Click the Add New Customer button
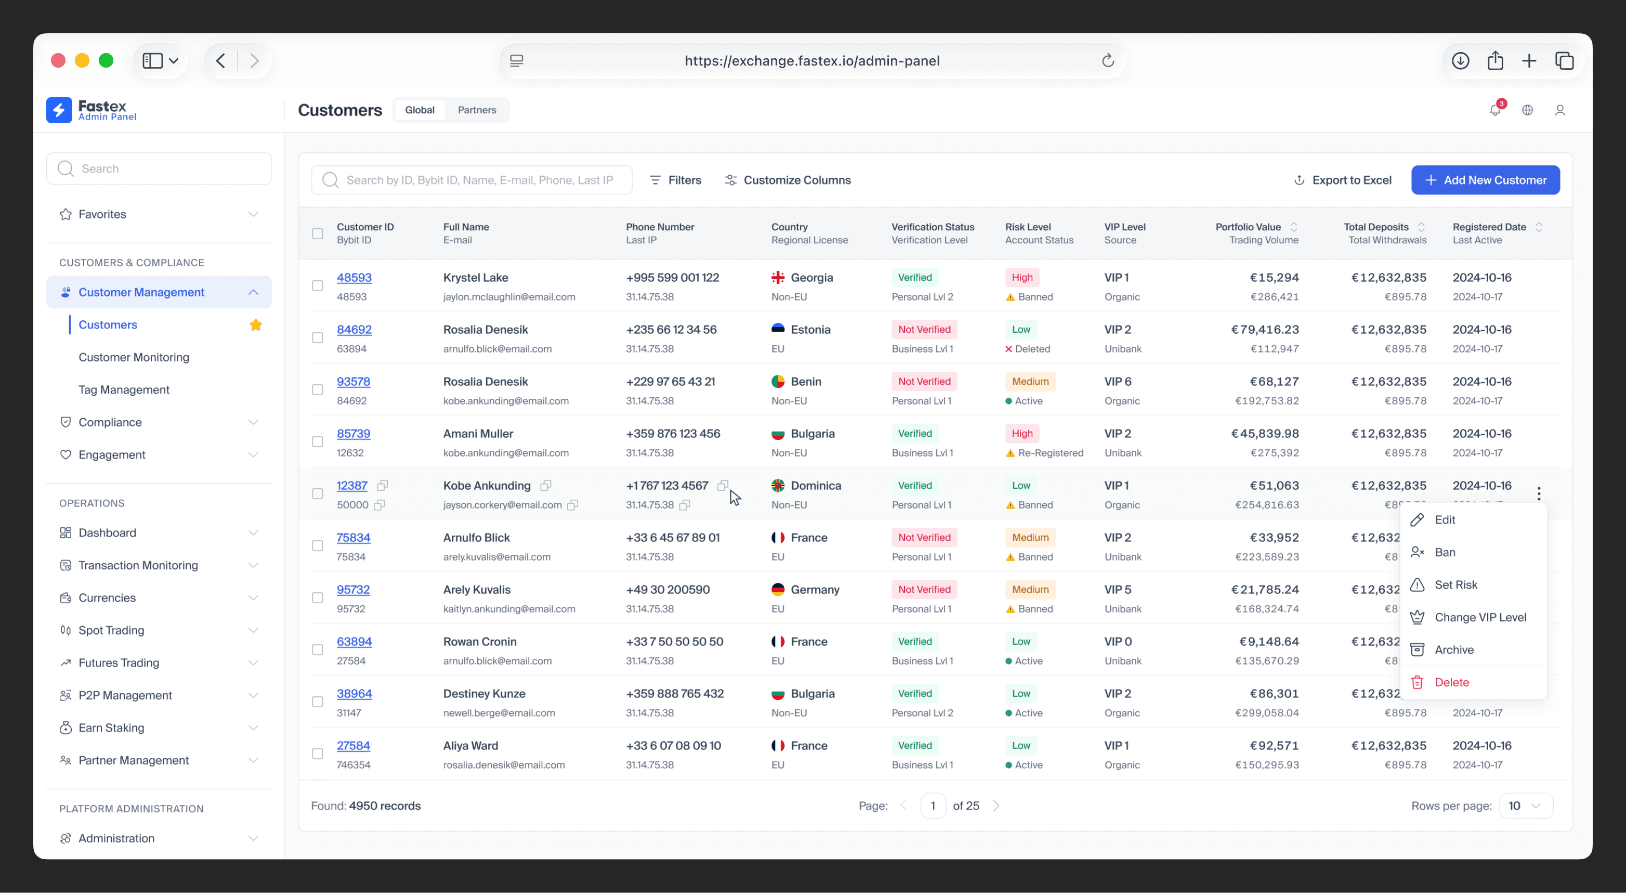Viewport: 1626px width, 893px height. coord(1485,180)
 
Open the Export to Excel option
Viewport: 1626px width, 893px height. coord(1342,180)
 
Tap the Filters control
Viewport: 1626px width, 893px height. coord(675,180)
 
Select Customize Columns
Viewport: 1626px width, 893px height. coord(787,180)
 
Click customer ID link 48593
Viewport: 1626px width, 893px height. coord(354,277)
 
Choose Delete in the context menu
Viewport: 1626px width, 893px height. coord(1451,682)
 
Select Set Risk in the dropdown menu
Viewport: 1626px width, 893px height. coord(1455,585)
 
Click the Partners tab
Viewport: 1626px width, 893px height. coord(477,110)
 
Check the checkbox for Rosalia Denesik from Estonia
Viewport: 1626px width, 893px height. coord(318,338)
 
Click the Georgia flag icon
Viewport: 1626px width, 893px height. coord(778,277)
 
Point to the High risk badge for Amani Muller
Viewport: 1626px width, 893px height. coord(1022,433)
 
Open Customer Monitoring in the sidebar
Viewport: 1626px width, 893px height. coord(134,357)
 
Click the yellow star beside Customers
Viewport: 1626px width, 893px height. coord(256,325)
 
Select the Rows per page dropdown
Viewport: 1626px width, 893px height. coord(1526,806)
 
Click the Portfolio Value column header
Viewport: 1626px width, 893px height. coord(1248,227)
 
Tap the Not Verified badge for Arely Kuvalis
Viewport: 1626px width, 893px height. coord(924,589)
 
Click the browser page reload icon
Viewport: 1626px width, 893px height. coord(1108,61)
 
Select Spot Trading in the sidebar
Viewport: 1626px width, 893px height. coord(111,630)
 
